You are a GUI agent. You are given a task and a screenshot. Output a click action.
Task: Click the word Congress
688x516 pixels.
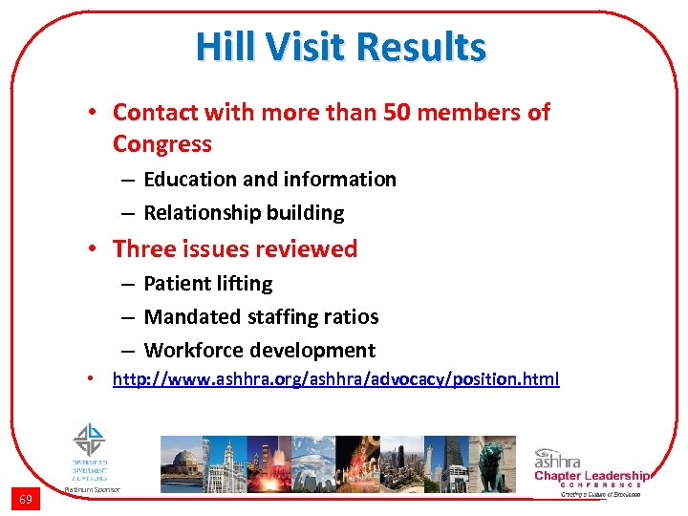161,143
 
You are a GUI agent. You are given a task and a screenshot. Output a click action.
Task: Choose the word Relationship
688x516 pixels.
202,212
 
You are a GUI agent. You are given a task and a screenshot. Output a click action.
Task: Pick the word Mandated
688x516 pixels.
190,316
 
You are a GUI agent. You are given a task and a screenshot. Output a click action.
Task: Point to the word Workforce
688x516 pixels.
191,350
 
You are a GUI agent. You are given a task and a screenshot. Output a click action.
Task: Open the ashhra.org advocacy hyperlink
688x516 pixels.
335,379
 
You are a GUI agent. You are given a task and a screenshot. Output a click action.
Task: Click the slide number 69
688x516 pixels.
26,499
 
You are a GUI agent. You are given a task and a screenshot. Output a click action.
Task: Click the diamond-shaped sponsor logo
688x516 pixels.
89,440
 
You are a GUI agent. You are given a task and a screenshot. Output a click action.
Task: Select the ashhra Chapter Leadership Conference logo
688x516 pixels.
591,470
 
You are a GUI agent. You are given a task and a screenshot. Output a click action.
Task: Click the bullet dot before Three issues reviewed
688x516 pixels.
96,248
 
